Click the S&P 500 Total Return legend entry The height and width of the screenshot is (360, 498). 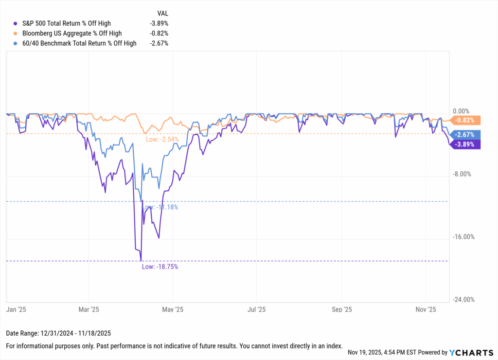(67, 23)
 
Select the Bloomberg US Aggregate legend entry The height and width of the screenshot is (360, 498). (72, 33)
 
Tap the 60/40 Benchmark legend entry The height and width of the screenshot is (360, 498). (79, 43)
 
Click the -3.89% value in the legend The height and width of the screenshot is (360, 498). (159, 23)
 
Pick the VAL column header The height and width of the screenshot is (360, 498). (162, 13)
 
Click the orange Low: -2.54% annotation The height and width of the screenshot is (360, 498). (162, 140)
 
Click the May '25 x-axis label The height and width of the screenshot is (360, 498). (173, 309)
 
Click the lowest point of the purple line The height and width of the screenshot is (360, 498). (141, 260)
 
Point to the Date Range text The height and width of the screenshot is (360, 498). (58, 334)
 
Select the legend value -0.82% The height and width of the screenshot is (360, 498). (159, 33)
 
